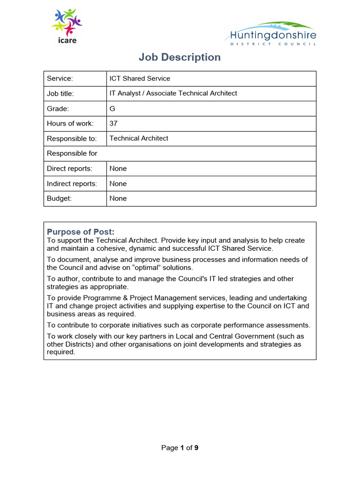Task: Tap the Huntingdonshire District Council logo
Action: pyautogui.click(x=273, y=33)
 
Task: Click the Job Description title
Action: pyautogui.click(x=180, y=57)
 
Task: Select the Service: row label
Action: pyautogui.click(x=60, y=78)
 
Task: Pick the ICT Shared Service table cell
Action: pyautogui.click(x=140, y=78)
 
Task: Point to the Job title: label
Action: pyautogui.click(x=60, y=93)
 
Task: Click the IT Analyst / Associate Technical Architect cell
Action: pyautogui.click(x=173, y=93)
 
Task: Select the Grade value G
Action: pyautogui.click(x=112, y=109)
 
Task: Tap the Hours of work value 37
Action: pyautogui.click(x=113, y=124)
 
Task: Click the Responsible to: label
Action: pyautogui.click(x=72, y=139)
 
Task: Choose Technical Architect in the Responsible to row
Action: pyautogui.click(x=139, y=138)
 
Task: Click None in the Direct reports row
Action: pyautogui.click(x=118, y=169)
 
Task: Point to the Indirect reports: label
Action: pyautogui.click(x=72, y=184)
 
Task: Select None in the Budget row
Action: pyautogui.click(x=118, y=199)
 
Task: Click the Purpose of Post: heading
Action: pyautogui.click(x=81, y=232)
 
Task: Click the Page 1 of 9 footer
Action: pyautogui.click(x=180, y=448)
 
